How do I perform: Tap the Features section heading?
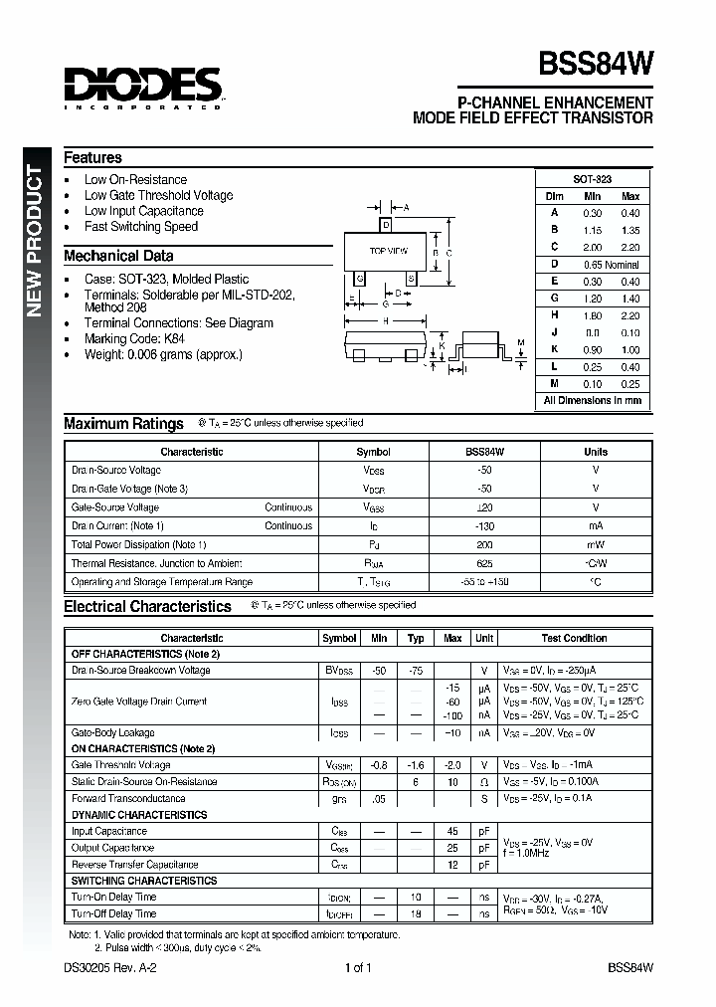point(92,157)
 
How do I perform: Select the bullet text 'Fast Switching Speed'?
point(140,226)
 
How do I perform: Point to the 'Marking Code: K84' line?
point(134,338)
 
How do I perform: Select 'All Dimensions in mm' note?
point(593,400)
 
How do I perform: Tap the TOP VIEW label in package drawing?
point(388,251)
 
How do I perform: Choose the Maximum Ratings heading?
point(123,424)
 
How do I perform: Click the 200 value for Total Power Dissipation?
point(484,544)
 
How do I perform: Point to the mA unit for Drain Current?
point(595,525)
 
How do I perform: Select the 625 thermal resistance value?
point(484,563)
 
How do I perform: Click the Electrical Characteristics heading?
point(147,606)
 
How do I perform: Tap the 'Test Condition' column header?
point(574,638)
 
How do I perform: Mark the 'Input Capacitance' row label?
point(108,831)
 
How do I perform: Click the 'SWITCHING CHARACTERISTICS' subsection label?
point(144,881)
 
